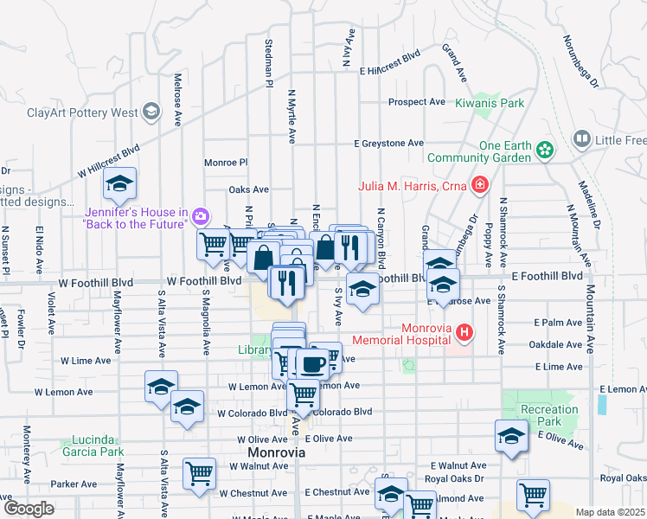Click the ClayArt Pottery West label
[82, 112]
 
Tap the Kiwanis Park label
[490, 103]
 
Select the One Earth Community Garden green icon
[545, 151]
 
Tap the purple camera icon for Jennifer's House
[201, 215]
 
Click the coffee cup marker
[312, 363]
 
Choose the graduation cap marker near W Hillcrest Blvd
[119, 183]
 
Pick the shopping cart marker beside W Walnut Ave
[200, 474]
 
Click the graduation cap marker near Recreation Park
[511, 436]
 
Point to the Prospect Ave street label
[416, 102]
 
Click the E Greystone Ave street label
[389, 143]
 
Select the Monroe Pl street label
[226, 162]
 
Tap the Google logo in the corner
[29, 509]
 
